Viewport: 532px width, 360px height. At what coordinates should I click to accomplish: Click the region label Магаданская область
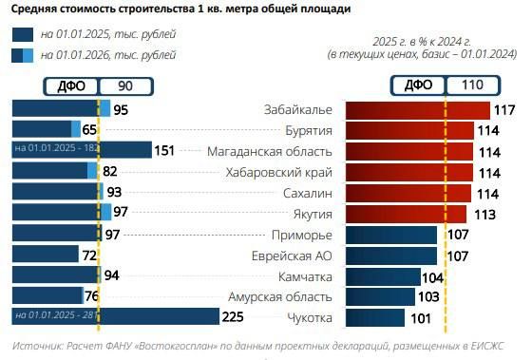point(270,151)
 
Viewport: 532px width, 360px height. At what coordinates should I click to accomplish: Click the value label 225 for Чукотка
point(234,317)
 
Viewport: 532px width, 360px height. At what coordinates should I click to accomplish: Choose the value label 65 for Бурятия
point(91,130)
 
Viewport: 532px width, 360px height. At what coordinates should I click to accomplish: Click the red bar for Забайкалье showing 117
point(417,110)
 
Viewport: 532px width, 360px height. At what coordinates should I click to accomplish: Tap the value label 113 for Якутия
point(484,214)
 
